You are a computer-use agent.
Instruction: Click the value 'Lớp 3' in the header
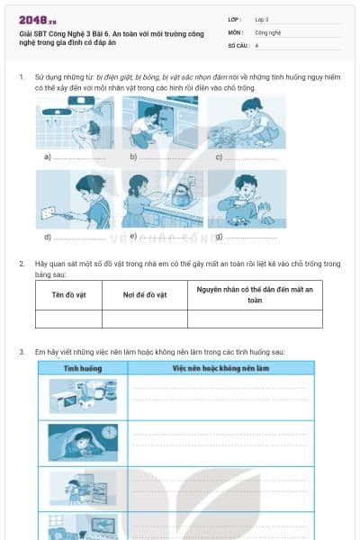(x=262, y=18)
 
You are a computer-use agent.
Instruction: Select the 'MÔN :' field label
(x=235, y=31)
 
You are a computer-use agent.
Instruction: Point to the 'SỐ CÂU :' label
(x=238, y=44)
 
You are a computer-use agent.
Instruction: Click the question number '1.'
(x=22, y=78)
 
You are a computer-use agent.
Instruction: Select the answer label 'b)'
(x=133, y=157)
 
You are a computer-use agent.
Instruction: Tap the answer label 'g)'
(x=220, y=236)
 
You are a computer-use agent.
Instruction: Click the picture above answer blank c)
(x=246, y=121)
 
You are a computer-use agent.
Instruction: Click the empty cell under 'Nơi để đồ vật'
(x=144, y=319)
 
